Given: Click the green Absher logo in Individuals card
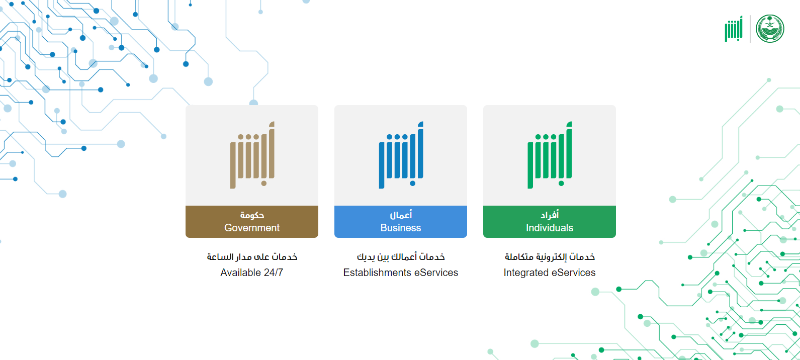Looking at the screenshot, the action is [x=550, y=155].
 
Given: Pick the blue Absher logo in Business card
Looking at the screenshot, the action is [x=401, y=155].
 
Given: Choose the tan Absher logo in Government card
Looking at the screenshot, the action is [x=252, y=155].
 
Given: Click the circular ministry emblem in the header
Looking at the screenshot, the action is [x=770, y=29].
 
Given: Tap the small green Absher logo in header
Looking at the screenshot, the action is [x=734, y=29].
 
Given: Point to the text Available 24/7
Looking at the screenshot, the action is [x=252, y=273].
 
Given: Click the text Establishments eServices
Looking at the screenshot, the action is [x=400, y=273].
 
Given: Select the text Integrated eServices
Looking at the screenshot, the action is [x=549, y=273].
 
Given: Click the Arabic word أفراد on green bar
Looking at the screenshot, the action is [x=549, y=215].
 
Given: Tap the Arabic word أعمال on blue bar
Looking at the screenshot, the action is [x=401, y=215].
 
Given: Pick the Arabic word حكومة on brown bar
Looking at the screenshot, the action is [x=252, y=215].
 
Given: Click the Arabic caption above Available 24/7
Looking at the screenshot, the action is [x=252, y=257].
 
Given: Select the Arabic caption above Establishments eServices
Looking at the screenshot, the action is [x=401, y=257].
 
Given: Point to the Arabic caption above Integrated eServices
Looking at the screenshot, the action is [x=550, y=257].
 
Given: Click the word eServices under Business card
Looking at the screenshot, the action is [x=436, y=273].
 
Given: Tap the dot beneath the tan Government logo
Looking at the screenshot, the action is [x=264, y=184].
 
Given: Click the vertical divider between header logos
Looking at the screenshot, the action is [x=750, y=29].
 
